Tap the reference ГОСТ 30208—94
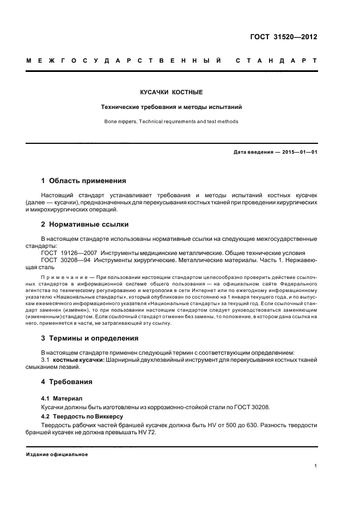pyautogui.click(x=62, y=260)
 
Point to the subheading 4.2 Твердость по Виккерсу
pyautogui.click(x=78, y=416)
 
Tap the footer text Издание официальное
pyautogui.click(x=57, y=454)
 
